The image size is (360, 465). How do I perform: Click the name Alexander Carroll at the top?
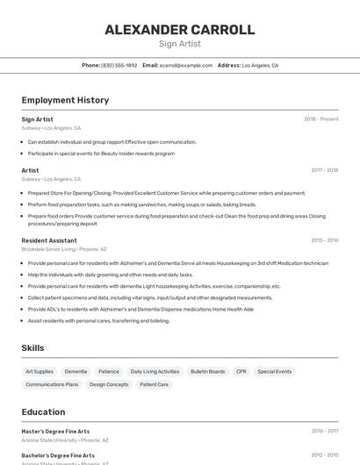[180, 30]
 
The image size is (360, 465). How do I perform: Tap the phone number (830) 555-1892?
[119, 65]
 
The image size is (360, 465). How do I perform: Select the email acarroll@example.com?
[185, 65]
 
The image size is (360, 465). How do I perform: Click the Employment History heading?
[65, 100]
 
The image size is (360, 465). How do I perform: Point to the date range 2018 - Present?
[320, 119]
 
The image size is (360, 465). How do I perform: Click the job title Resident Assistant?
[49, 240]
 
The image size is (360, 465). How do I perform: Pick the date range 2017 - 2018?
[324, 170]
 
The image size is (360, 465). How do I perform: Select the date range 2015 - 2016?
[324, 240]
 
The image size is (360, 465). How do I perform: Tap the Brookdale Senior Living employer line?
[64, 249]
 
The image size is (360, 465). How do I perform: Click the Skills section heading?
[32, 348]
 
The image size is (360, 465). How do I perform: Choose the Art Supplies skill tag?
[40, 372]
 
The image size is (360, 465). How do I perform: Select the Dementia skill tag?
[76, 372]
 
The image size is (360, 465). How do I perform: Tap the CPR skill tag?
[241, 372]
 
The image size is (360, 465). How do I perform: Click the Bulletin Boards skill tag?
[207, 372]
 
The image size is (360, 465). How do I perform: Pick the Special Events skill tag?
[275, 372]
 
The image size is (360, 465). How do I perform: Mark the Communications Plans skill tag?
[52, 384]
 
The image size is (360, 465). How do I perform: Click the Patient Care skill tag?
[154, 384]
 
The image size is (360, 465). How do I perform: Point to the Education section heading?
[43, 412]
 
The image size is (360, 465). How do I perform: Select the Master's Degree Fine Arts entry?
[55, 432]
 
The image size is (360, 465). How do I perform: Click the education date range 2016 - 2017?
[324, 432]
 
